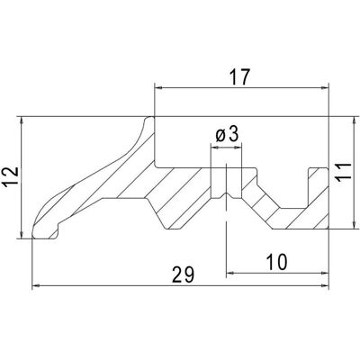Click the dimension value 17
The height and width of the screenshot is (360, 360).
click(x=239, y=76)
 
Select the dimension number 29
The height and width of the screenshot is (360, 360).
click(x=184, y=274)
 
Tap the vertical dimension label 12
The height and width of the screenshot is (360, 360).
click(x=11, y=176)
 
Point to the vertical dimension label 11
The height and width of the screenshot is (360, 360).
click(x=343, y=173)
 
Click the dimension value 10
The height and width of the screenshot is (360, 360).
click(x=276, y=262)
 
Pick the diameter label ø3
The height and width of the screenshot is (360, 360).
click(x=227, y=135)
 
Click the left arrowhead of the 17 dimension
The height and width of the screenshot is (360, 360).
click(x=157, y=87)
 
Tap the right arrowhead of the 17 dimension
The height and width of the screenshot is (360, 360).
click(x=325, y=87)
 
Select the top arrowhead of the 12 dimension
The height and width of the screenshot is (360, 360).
click(x=22, y=121)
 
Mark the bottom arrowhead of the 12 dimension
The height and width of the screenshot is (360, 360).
click(x=22, y=235)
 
